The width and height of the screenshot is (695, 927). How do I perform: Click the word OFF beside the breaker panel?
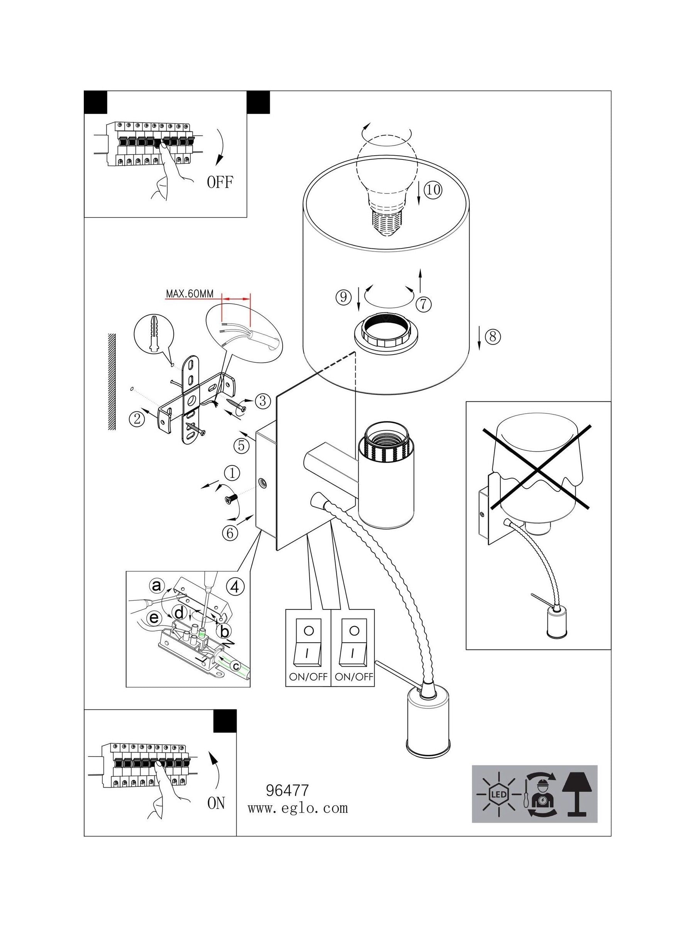(x=220, y=182)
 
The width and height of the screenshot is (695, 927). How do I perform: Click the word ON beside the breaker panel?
(x=216, y=803)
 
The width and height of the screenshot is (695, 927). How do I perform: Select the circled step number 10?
(x=433, y=190)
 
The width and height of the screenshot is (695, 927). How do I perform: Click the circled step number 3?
(x=262, y=401)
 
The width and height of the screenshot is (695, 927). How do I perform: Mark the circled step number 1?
(x=232, y=474)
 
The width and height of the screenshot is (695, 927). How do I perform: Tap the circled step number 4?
(x=235, y=587)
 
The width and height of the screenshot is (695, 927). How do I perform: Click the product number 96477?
(x=287, y=790)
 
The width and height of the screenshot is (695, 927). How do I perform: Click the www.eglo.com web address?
(x=297, y=808)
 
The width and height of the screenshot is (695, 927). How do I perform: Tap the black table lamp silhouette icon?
(x=578, y=795)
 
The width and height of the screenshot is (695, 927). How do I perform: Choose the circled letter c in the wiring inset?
(x=236, y=665)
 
